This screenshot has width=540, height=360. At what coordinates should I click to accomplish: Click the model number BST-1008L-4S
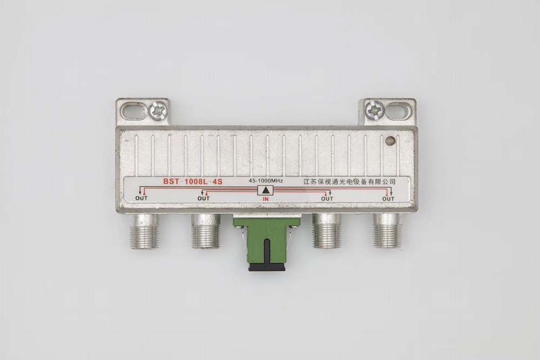(x=193, y=182)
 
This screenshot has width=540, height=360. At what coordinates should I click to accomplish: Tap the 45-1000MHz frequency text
(x=266, y=181)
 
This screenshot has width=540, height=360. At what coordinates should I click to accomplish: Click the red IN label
(x=266, y=199)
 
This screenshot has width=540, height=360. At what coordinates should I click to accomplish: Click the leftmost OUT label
(x=141, y=198)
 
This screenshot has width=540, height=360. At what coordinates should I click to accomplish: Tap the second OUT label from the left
(x=204, y=198)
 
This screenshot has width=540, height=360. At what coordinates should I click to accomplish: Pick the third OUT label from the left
(x=327, y=199)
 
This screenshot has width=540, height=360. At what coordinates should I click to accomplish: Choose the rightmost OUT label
(x=388, y=199)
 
